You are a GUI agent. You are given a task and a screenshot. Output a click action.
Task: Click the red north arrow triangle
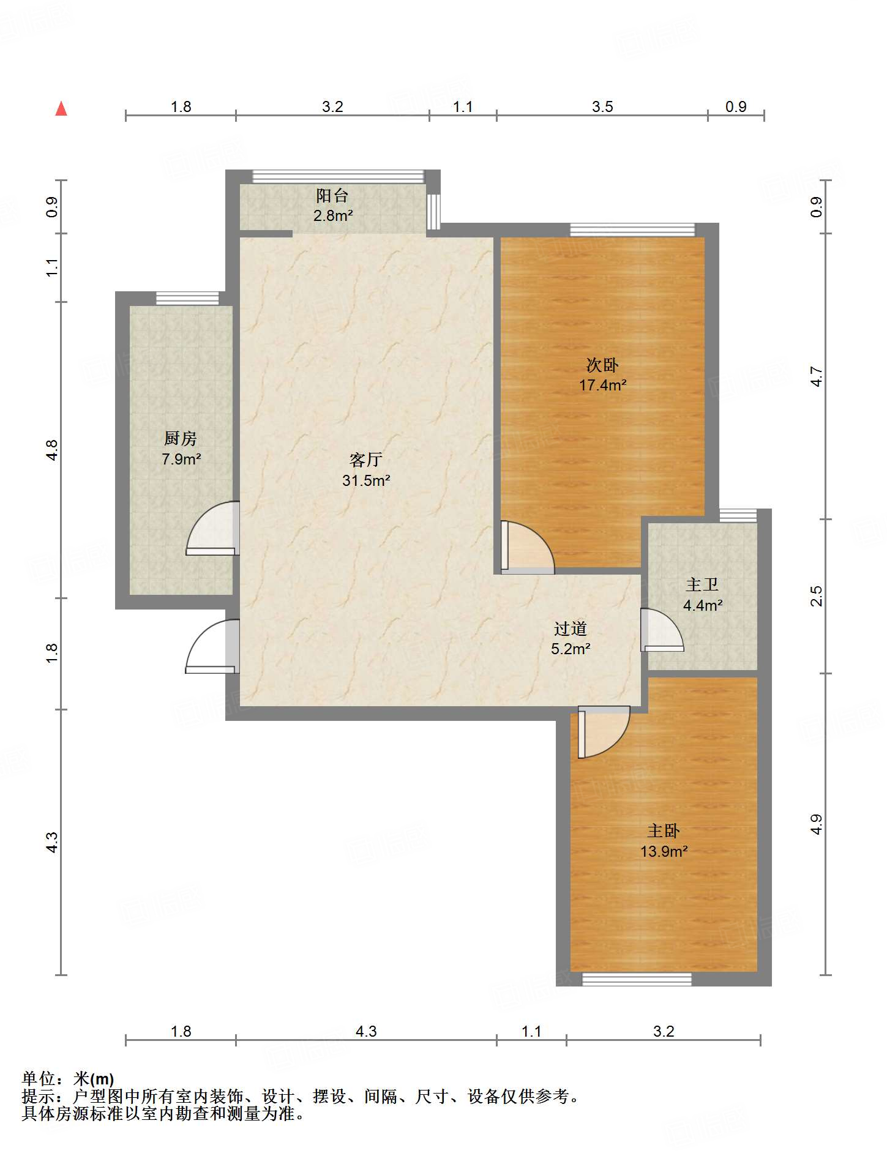(61, 108)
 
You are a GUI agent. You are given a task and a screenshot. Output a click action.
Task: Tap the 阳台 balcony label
(332, 196)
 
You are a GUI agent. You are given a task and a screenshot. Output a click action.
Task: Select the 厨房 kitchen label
(181, 438)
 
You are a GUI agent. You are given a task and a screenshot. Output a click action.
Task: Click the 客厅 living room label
(366, 460)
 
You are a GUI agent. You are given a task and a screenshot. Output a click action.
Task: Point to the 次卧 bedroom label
(602, 365)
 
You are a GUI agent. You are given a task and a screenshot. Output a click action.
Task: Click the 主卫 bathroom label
(702, 584)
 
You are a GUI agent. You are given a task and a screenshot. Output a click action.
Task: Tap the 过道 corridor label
(571, 628)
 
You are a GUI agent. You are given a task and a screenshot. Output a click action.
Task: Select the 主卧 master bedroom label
(664, 830)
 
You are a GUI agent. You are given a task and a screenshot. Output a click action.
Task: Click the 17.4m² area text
(603, 385)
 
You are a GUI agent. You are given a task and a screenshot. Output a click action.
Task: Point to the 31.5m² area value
(366, 480)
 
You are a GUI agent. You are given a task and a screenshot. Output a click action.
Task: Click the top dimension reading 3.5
(602, 106)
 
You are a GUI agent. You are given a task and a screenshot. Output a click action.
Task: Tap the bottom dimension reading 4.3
(366, 1031)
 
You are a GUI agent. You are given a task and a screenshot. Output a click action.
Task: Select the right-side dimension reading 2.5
(816, 596)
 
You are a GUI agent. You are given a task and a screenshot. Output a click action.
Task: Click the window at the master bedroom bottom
(637, 979)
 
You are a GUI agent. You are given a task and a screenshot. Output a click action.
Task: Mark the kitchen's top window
(187, 298)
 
